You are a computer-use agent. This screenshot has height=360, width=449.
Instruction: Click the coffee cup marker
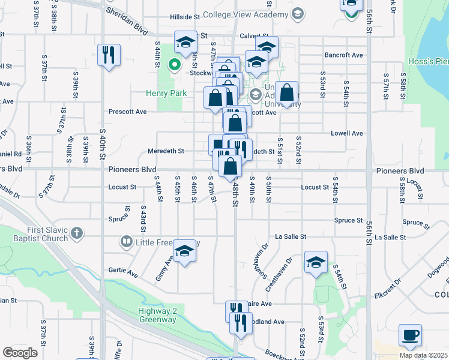tap(410, 335)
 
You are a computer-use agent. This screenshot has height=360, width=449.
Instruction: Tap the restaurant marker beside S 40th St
tap(109, 55)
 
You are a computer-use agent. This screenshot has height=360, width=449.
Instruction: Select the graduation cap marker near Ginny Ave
tap(185, 251)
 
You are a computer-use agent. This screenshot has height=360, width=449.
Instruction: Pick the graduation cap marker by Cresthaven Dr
tap(316, 262)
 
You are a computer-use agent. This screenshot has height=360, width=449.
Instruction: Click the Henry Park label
tap(166, 93)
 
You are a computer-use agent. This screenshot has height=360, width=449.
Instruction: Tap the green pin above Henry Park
tap(175, 64)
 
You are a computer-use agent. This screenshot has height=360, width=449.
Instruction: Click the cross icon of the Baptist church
tap(76, 233)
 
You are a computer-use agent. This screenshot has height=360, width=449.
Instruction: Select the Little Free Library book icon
tap(126, 242)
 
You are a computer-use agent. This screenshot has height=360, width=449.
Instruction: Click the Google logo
tap(19, 352)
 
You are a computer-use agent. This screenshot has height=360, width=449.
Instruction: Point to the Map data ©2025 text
tap(423, 355)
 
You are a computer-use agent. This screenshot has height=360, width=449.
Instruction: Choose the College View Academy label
tap(245, 14)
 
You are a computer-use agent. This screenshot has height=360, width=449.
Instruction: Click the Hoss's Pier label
tap(432, 61)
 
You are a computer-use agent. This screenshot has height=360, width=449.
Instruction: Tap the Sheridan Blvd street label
tap(126, 11)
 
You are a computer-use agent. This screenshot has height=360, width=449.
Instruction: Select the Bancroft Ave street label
tap(344, 55)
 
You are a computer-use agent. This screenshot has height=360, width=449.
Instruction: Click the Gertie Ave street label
tap(123, 272)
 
